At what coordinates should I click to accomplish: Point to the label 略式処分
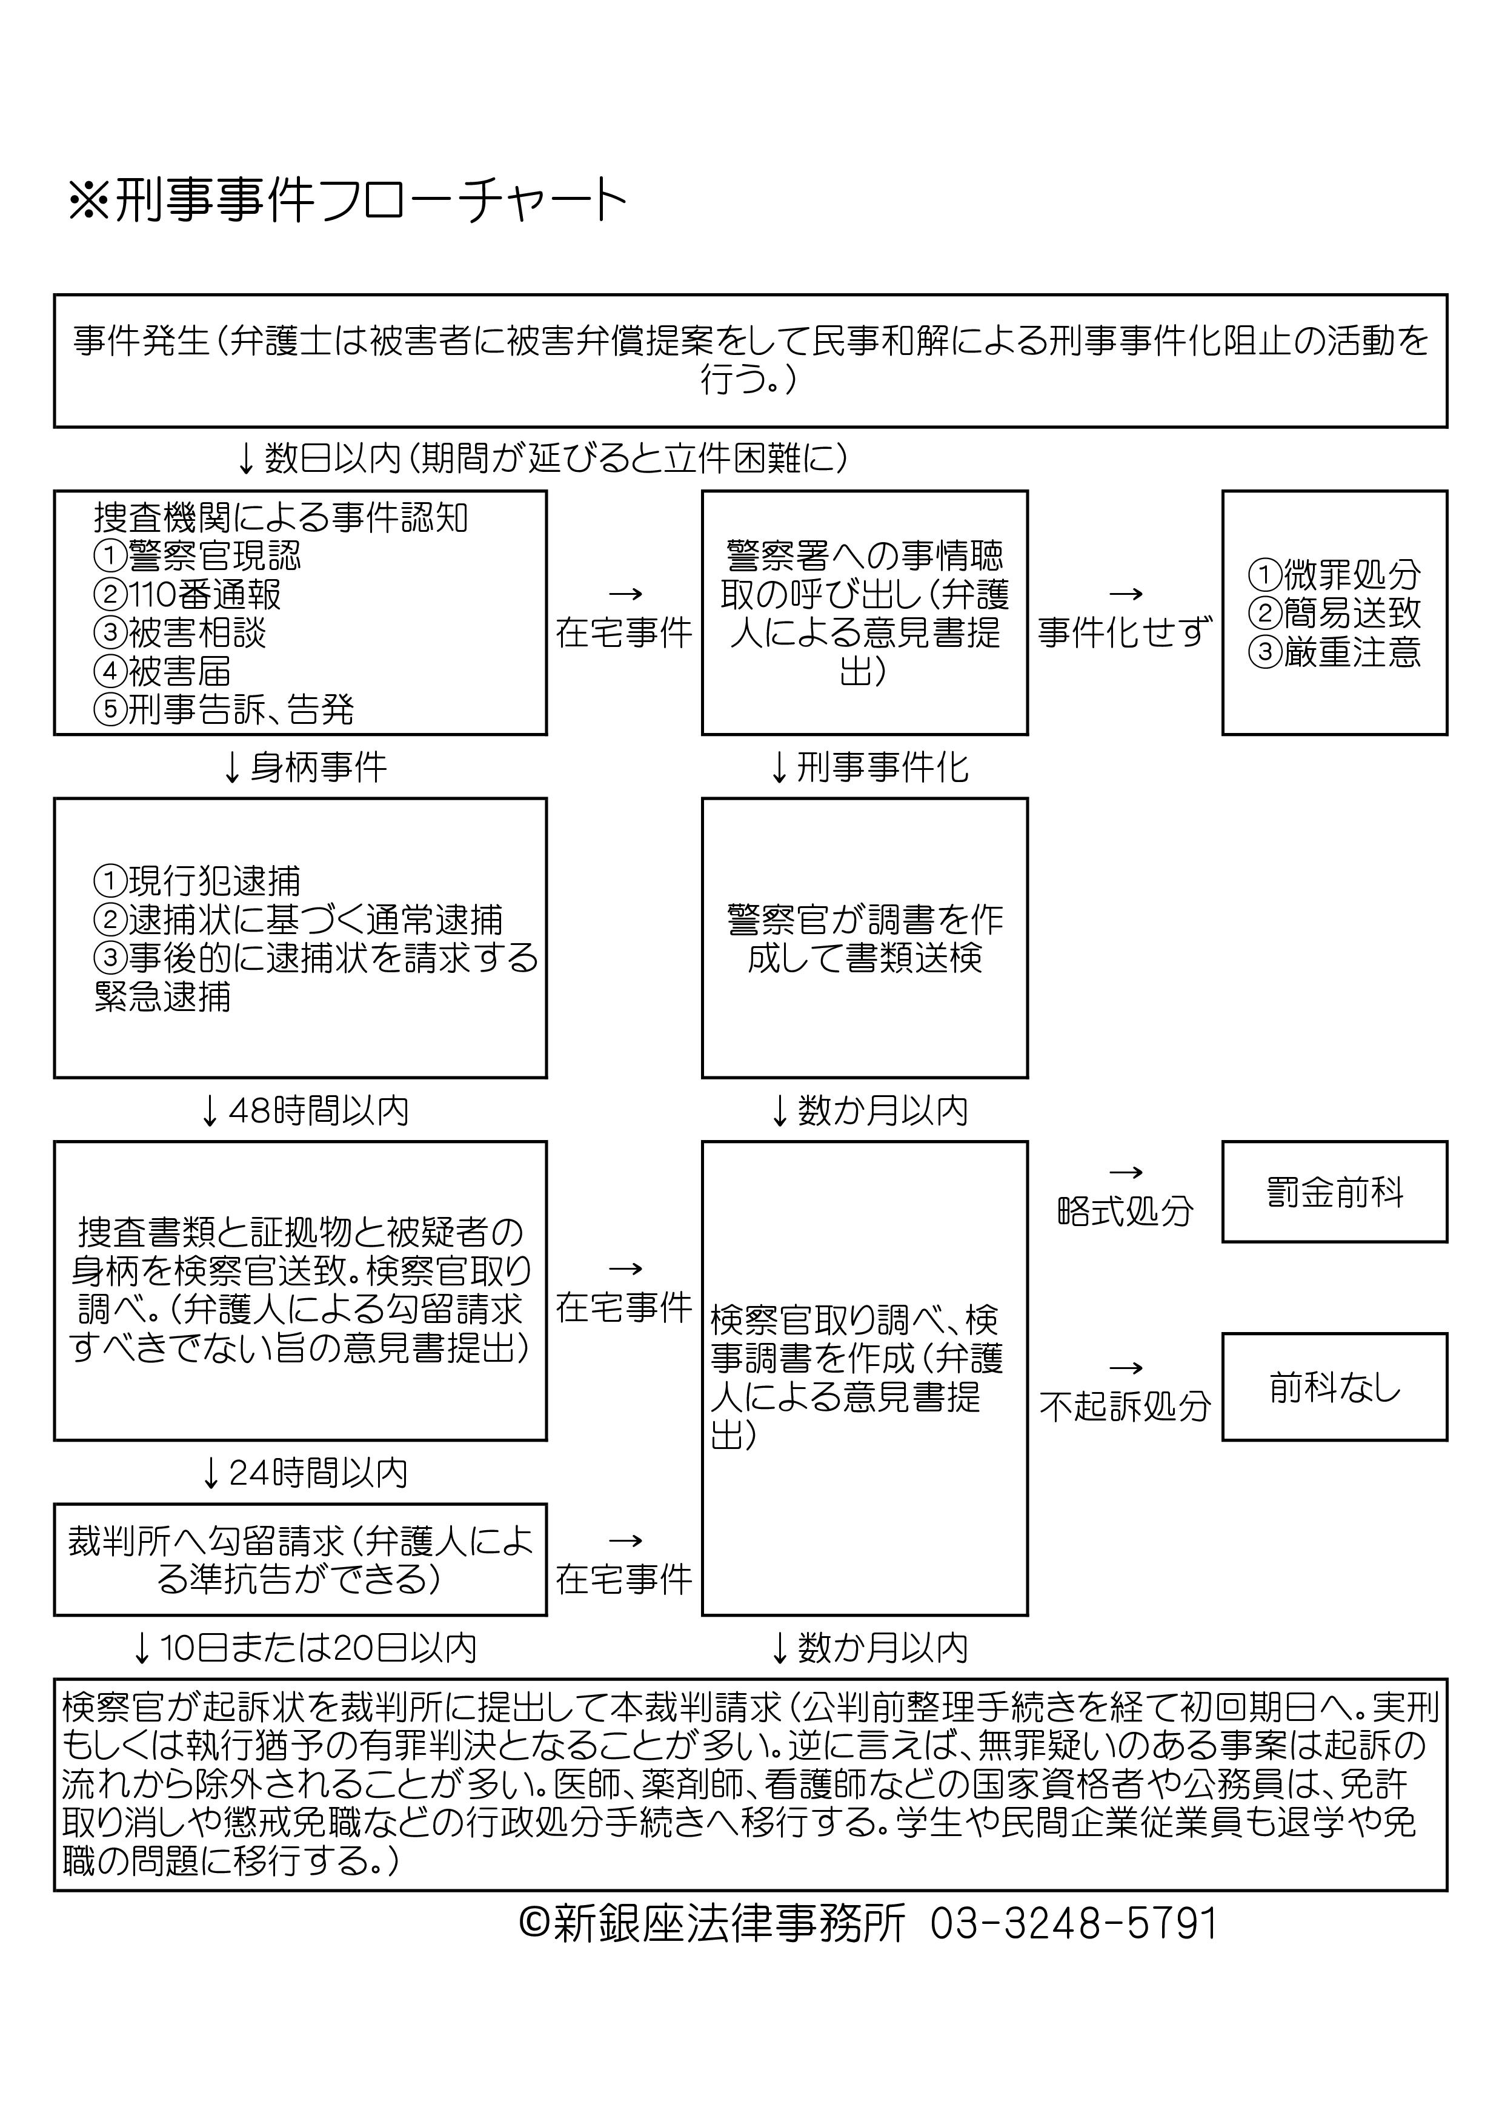pyautogui.click(x=1125, y=1210)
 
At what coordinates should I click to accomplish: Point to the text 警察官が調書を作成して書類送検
pyautogui.click(x=865, y=938)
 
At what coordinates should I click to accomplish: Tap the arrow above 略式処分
pyautogui.click(x=1125, y=1173)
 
